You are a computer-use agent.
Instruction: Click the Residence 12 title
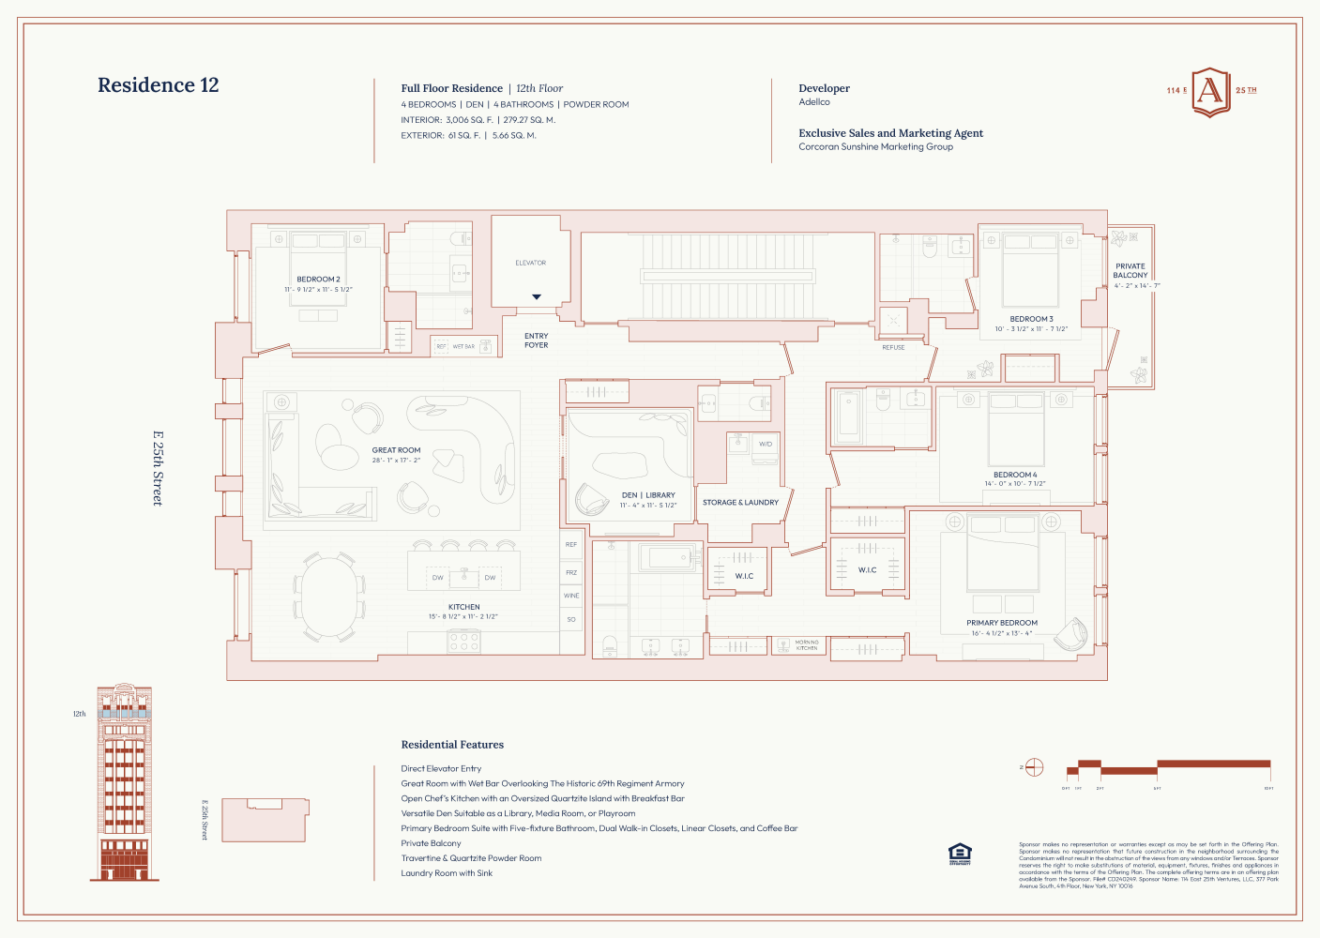tap(158, 85)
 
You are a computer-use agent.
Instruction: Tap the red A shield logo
tap(1210, 92)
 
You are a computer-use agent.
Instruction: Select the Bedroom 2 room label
tap(318, 280)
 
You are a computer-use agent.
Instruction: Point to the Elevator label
tap(530, 263)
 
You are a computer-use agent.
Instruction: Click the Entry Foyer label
tap(537, 340)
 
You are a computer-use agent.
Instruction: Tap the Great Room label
tap(396, 450)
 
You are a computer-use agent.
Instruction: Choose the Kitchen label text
tap(463, 607)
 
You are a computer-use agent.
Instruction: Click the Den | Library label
tap(648, 495)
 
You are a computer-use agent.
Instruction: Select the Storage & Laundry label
tap(740, 503)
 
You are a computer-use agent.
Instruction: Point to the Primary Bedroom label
tap(1002, 623)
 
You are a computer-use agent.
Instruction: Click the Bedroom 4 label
tap(1015, 475)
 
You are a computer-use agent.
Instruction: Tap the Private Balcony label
tap(1130, 271)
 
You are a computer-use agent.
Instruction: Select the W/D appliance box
tap(766, 444)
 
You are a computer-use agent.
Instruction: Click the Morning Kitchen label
tap(807, 645)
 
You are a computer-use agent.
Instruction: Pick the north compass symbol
tap(1034, 767)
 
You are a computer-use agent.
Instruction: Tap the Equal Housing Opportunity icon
tap(960, 854)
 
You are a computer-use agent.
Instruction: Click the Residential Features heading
tap(452, 745)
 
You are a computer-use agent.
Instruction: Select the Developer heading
tap(824, 88)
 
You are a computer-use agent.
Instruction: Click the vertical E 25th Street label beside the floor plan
tap(158, 468)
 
